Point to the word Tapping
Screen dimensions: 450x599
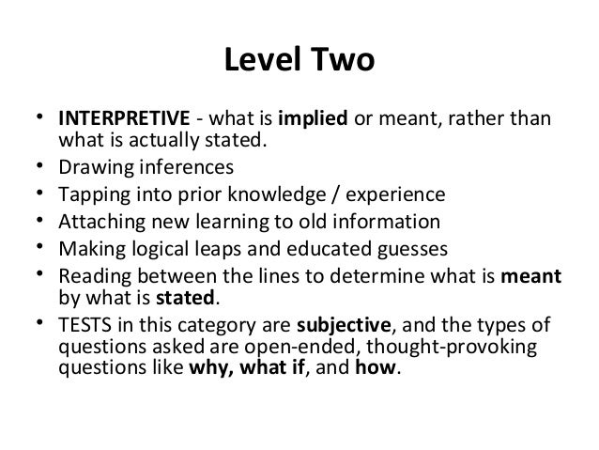[x=91, y=196]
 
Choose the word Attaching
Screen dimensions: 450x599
[x=99, y=223]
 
